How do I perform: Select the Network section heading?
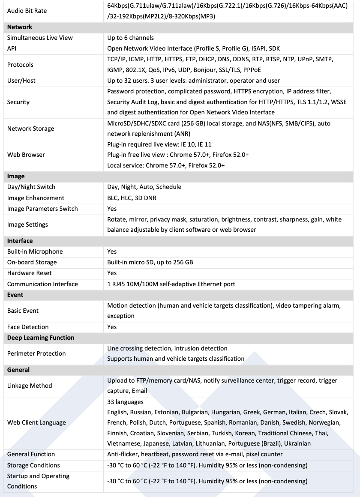[x=20, y=27]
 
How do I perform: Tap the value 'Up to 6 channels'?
[x=130, y=38]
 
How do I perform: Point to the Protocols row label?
[x=20, y=65]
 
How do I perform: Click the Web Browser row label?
[x=26, y=155]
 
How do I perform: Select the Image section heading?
[x=16, y=176]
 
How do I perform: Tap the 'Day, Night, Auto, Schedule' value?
[x=144, y=187]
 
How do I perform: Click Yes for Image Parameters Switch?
[x=112, y=209]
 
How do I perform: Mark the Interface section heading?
[x=20, y=241]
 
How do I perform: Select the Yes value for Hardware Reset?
[x=112, y=273]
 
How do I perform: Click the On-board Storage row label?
[x=32, y=262]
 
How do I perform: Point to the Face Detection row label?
[x=28, y=327]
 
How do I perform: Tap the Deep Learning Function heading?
[x=41, y=338]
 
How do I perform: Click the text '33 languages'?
[x=125, y=402]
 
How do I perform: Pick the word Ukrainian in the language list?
[x=297, y=443]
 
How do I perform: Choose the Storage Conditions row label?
[x=33, y=465]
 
